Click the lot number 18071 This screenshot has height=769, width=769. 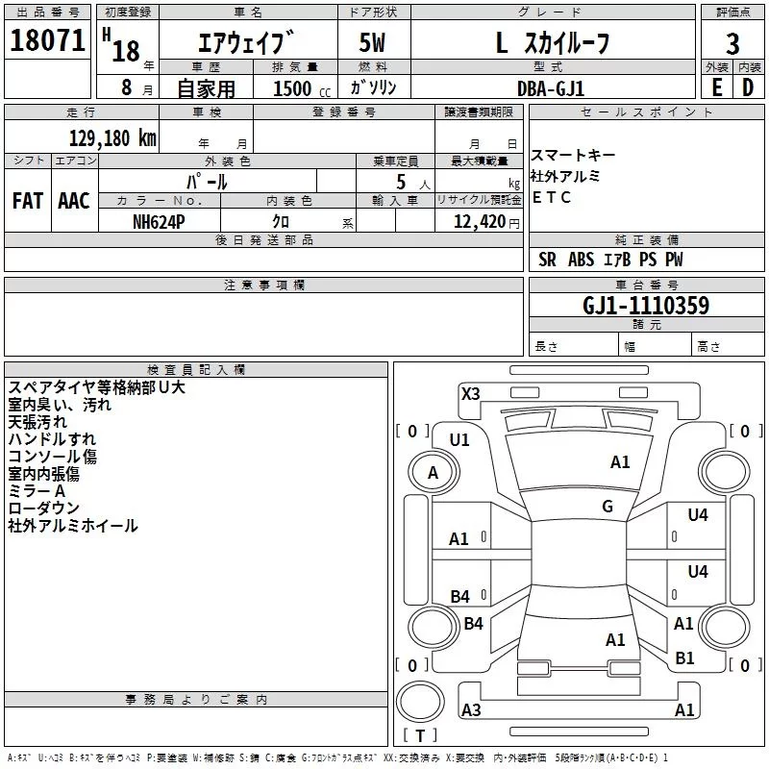pos(47,40)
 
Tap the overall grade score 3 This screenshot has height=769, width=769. pos(732,44)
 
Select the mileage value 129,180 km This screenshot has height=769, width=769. pos(112,138)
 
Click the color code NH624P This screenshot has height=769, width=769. pos(159,222)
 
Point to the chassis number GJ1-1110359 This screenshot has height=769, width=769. pos(646,306)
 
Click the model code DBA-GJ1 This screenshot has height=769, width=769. pos(551,88)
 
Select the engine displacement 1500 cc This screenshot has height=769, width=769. pos(302,88)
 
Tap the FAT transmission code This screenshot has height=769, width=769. pos(28,201)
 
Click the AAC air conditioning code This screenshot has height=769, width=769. pos(74,201)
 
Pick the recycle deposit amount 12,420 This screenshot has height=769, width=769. pos(480,222)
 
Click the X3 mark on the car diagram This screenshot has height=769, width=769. pos(470,394)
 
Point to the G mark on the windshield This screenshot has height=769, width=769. pos(608,507)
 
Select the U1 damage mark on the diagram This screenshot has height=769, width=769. pos(459,440)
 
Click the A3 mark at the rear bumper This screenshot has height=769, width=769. pos(471,709)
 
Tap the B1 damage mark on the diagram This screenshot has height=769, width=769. pos(684,658)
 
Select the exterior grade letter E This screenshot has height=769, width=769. pos(716,87)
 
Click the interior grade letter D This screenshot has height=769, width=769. pos(748,87)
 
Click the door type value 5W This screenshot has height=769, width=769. pos(372,42)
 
